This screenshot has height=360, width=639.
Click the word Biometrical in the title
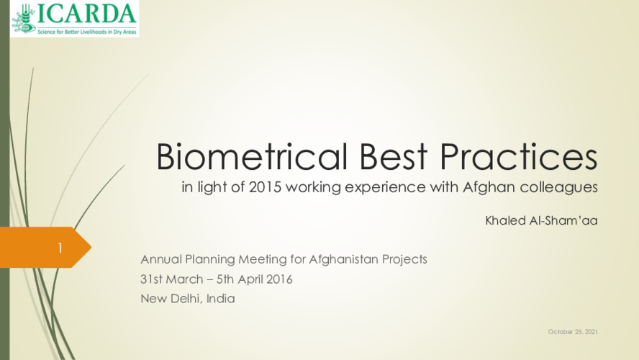tap(252, 156)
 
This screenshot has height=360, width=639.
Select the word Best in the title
tap(394, 156)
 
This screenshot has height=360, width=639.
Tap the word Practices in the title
tap(518, 156)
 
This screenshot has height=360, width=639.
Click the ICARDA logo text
tap(86, 14)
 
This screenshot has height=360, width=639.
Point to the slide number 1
tap(60, 248)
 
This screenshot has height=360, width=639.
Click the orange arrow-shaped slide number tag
tap(45, 247)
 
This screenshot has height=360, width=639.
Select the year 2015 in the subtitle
tap(265, 187)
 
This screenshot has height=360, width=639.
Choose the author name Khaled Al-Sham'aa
tap(541, 220)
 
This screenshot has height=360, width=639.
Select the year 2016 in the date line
tap(279, 279)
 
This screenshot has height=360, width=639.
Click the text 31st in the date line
tap(151, 279)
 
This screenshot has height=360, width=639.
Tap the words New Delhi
tap(171, 299)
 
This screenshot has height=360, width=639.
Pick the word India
tap(220, 299)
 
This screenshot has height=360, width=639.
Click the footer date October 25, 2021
tap(573, 332)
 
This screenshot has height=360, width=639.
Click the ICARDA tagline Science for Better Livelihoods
tap(87, 32)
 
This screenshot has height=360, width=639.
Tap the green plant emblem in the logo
tap(24, 19)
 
